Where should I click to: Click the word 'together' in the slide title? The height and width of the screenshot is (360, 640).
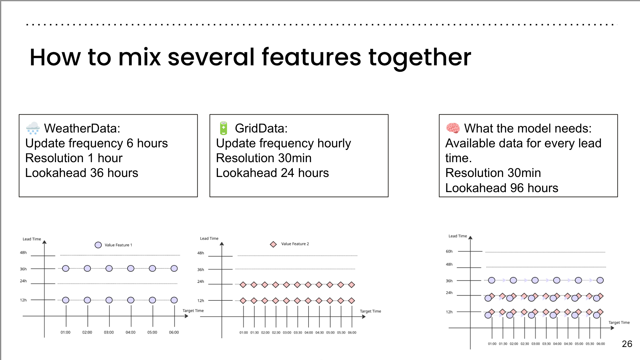[420, 57]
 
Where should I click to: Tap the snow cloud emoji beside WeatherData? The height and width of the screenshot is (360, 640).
[33, 128]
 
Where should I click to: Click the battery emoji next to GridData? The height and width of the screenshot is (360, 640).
[223, 128]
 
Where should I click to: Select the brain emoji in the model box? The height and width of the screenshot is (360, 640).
[453, 128]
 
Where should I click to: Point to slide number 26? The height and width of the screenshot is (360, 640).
[627, 344]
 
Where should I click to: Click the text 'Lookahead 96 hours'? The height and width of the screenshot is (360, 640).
[502, 188]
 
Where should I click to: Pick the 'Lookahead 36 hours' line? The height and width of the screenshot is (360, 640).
[82, 173]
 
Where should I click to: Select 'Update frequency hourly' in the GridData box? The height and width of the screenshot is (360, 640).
[283, 143]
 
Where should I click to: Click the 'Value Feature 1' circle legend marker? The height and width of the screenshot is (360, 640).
[98, 245]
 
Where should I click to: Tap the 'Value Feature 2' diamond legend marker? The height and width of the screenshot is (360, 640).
[273, 244]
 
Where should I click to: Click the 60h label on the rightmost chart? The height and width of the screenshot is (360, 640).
[449, 251]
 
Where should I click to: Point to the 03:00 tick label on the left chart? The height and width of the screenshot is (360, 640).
[109, 332]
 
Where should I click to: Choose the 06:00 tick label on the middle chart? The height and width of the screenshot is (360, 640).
[352, 333]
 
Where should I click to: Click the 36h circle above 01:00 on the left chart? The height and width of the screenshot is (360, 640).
[66, 268]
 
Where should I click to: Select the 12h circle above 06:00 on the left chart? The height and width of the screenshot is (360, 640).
[174, 300]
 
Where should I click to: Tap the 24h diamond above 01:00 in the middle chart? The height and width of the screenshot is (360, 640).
[243, 285]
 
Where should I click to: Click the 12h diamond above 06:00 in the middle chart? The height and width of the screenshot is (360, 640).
[351, 301]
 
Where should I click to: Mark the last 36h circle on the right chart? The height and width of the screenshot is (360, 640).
[600, 280]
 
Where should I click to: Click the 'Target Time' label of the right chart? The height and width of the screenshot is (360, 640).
[619, 323]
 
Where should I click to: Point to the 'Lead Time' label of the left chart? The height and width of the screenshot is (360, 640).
[32, 239]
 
